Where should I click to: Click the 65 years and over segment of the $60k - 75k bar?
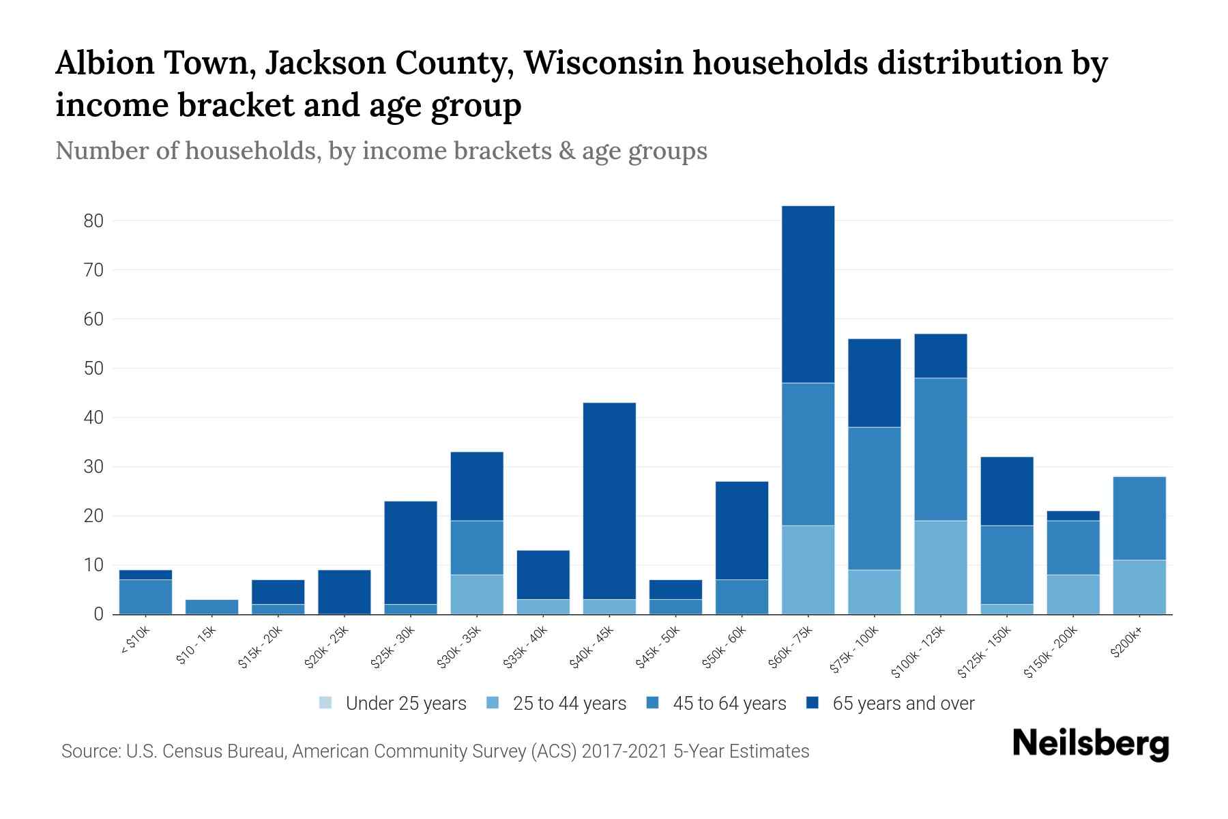[x=808, y=294]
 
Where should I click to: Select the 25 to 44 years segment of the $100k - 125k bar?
[x=940, y=567]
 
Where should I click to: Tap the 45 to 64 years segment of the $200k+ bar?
[x=1139, y=518]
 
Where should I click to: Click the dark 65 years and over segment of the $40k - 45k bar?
[x=609, y=501]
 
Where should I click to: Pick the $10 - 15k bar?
[x=211, y=607]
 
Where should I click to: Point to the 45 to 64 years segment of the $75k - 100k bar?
[x=874, y=498]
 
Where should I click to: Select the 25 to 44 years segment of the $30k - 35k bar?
[x=477, y=594]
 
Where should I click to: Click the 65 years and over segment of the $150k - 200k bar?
[x=1072, y=515]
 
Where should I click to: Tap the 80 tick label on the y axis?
[x=93, y=221]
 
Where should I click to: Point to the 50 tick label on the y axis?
[x=93, y=369]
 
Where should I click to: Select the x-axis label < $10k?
[x=135, y=642]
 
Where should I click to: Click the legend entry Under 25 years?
[x=405, y=704]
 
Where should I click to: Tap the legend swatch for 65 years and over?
[x=812, y=703]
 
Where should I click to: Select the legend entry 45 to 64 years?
[x=729, y=704]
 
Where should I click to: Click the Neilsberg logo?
[x=1090, y=744]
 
